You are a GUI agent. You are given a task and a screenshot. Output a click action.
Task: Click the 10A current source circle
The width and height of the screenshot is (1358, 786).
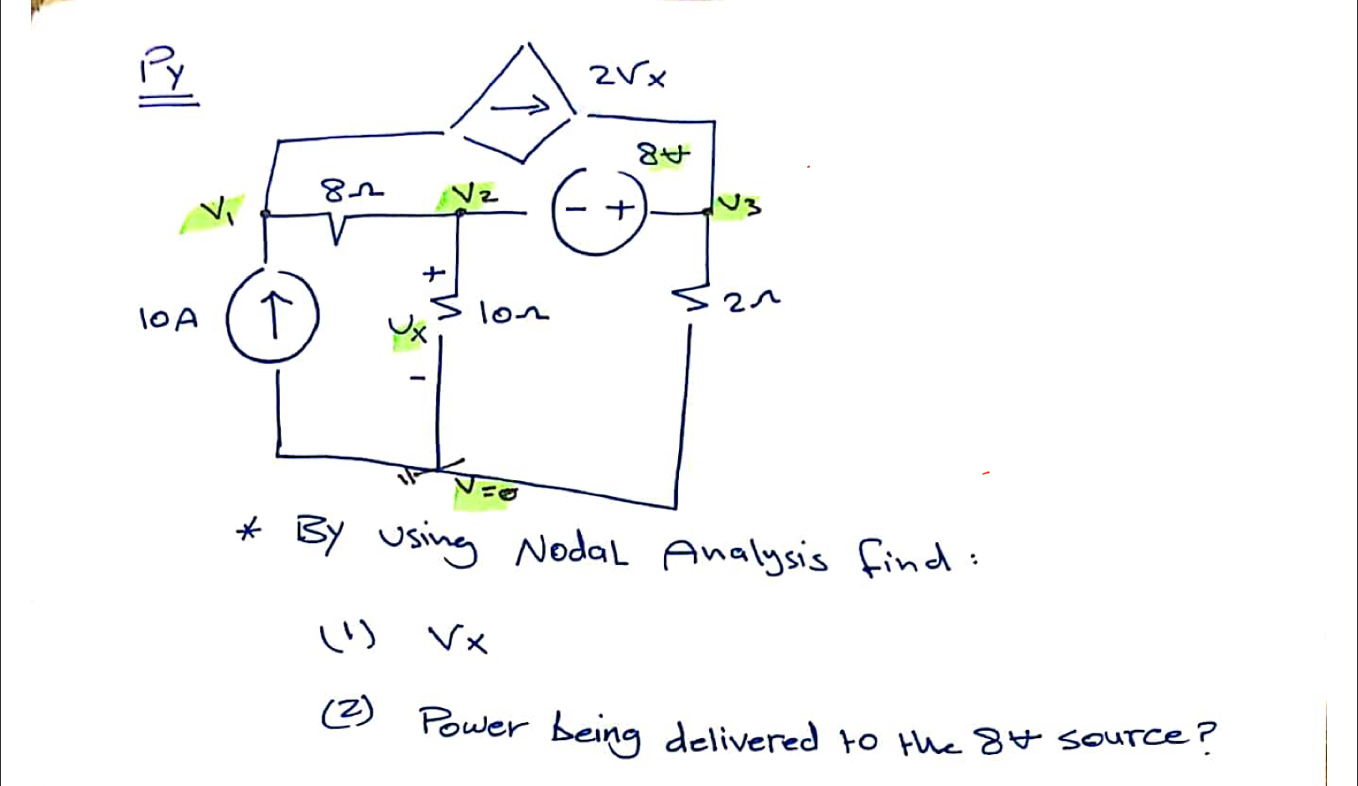click(272, 318)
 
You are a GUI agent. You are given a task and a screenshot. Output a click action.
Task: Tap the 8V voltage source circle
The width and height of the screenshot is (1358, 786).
click(599, 209)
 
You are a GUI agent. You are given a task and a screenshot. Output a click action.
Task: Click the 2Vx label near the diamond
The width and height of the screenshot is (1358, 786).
click(628, 76)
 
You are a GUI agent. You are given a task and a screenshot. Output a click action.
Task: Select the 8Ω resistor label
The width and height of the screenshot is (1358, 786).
click(352, 192)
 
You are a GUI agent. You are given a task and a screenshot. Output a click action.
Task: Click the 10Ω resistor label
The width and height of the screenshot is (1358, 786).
click(513, 314)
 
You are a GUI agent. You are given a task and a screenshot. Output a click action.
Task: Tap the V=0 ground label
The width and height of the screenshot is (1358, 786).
click(485, 491)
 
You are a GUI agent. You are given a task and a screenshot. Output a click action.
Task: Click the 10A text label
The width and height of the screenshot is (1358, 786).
click(168, 318)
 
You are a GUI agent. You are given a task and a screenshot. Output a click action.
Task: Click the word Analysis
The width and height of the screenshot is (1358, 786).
click(745, 556)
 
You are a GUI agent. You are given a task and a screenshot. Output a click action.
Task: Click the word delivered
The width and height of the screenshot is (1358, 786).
click(741, 737)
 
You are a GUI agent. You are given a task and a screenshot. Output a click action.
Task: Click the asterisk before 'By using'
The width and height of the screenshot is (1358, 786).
click(249, 530)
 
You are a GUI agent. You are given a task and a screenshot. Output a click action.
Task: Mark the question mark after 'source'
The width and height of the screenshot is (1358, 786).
click(1205, 737)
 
